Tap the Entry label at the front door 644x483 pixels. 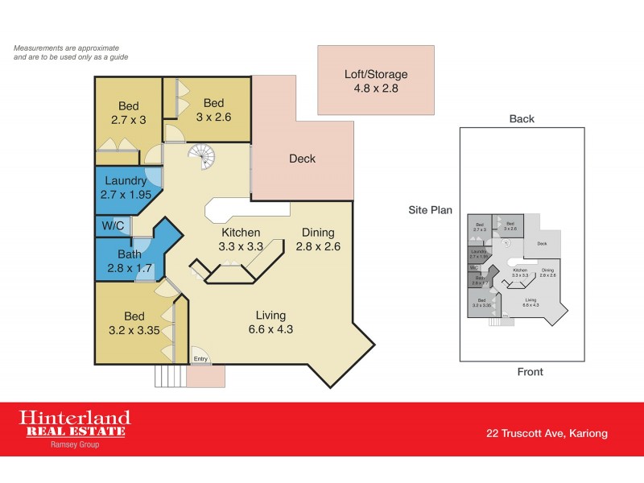[200, 359]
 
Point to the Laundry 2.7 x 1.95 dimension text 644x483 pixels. [125, 195]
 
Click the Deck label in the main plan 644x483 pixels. [302, 159]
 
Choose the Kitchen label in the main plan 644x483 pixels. [240, 233]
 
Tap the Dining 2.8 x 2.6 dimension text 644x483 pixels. [318, 247]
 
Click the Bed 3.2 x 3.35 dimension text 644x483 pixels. [129, 330]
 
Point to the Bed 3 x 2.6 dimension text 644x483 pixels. [213, 117]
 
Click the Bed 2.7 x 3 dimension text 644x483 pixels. [129, 120]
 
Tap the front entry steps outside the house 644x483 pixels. [169, 376]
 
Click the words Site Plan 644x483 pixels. [430, 210]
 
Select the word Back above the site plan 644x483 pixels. [522, 119]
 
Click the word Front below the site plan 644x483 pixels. [530, 372]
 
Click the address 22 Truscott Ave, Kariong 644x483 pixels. [547, 433]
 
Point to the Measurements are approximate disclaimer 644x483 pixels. [71, 53]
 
